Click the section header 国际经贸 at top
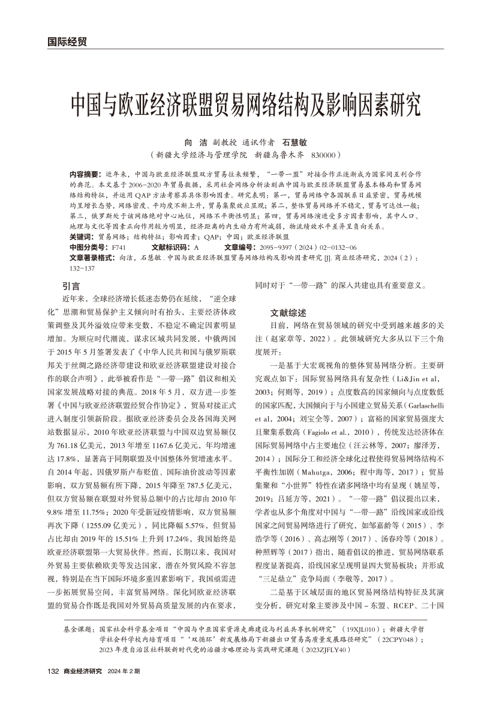tap(67, 41)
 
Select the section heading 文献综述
tap(288, 312)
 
